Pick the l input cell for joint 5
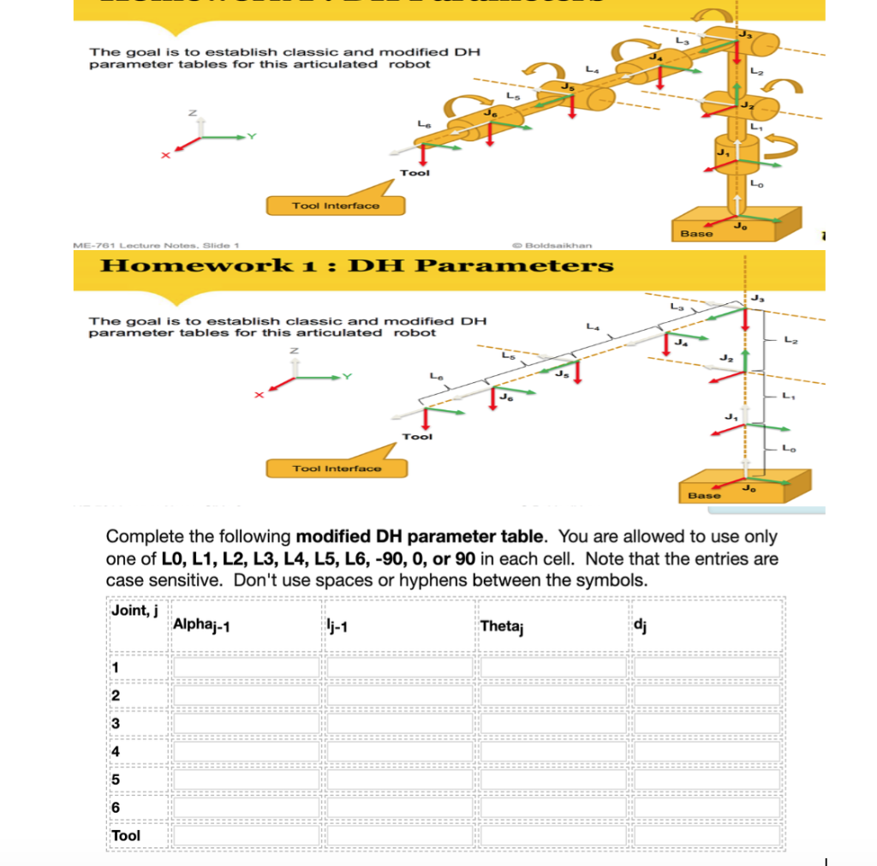[x=400, y=779]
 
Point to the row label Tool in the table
[x=126, y=835]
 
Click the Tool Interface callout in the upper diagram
[x=336, y=206]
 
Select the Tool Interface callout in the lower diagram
[x=337, y=469]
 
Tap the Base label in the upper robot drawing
[x=695, y=233]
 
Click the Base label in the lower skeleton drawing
[x=704, y=495]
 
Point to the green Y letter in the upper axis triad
[x=252, y=136]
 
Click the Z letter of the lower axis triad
[x=294, y=350]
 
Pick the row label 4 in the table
[x=116, y=751]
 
